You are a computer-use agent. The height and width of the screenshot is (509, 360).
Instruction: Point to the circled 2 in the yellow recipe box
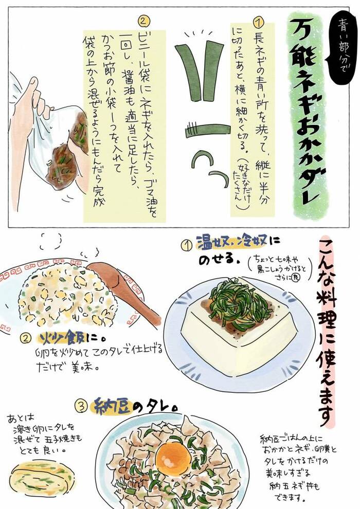(x=145, y=21)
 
